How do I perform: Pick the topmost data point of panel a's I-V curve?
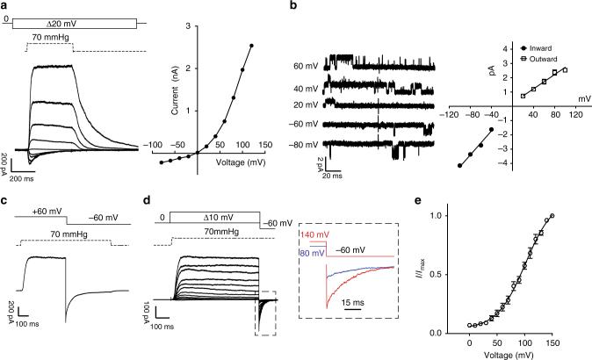click(252, 46)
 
